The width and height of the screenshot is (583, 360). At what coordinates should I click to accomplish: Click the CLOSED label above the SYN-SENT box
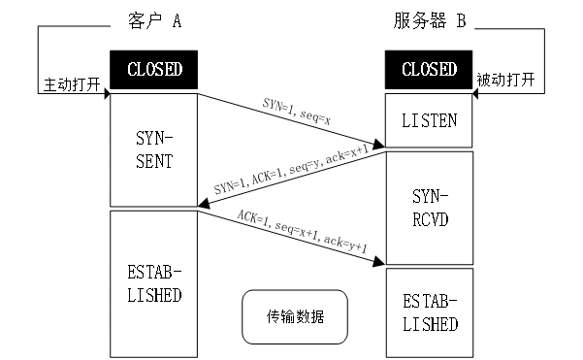[x=154, y=70]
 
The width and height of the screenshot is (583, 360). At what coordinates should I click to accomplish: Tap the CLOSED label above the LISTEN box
[x=429, y=70]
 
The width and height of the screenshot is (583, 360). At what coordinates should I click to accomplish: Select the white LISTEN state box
[x=429, y=120]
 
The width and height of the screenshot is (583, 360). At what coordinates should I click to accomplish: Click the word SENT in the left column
[x=154, y=161]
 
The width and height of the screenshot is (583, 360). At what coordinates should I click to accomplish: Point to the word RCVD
[x=430, y=219]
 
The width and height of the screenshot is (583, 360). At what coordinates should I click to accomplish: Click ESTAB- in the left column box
[x=154, y=273]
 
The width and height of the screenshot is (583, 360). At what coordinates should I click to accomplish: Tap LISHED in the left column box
[x=154, y=295]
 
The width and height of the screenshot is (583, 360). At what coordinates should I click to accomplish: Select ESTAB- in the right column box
[x=430, y=302]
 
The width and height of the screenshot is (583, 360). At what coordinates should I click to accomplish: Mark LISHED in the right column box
[x=430, y=324]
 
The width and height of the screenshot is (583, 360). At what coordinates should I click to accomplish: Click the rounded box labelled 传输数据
[x=294, y=317]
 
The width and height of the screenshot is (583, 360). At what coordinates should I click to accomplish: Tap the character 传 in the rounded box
[x=274, y=317]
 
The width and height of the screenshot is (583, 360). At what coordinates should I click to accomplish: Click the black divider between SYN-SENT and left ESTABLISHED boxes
[x=153, y=209]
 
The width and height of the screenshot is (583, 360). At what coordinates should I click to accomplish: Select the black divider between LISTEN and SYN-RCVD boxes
[x=429, y=149]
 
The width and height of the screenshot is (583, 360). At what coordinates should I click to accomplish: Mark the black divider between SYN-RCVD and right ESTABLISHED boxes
[x=429, y=267]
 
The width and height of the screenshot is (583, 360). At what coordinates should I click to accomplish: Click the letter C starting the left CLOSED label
[x=132, y=70]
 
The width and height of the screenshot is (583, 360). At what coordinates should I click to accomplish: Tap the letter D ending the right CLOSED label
[x=452, y=70]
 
